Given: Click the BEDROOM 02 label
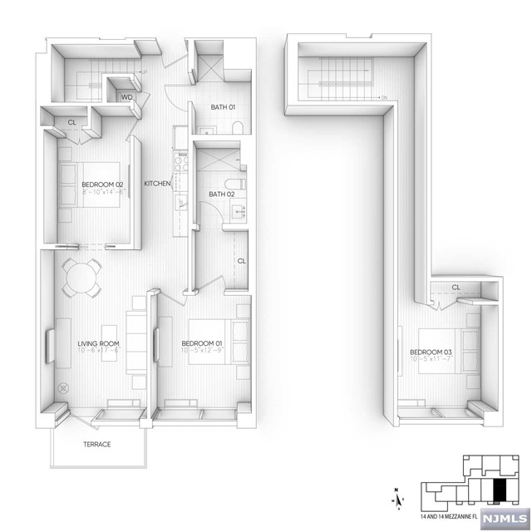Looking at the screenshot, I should (x=102, y=184).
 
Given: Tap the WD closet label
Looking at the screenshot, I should (x=126, y=97).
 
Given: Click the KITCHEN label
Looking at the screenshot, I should (x=158, y=184).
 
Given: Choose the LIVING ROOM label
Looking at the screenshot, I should (x=98, y=343).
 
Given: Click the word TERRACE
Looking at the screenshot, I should (x=96, y=444).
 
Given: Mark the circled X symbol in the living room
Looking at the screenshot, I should (x=64, y=387).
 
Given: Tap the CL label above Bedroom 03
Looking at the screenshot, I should (x=456, y=288).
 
